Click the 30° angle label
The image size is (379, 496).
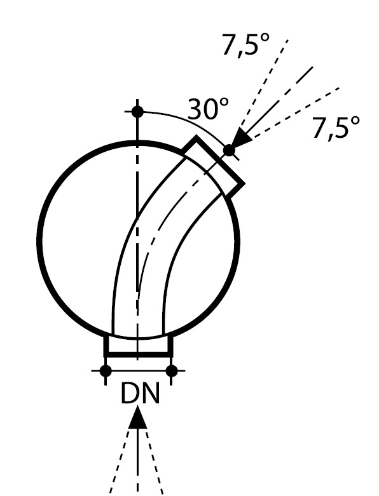coord(208,109)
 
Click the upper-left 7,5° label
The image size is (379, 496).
coord(246,45)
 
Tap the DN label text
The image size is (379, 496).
coord(141,394)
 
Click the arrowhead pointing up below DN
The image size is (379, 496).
coord(138,417)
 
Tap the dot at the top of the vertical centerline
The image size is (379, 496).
coord(137,112)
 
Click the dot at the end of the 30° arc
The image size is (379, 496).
coord(229,151)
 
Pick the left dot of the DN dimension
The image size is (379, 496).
coord(106,370)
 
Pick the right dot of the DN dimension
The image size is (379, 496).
coord(172,370)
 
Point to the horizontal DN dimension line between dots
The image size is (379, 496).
coord(139,370)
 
